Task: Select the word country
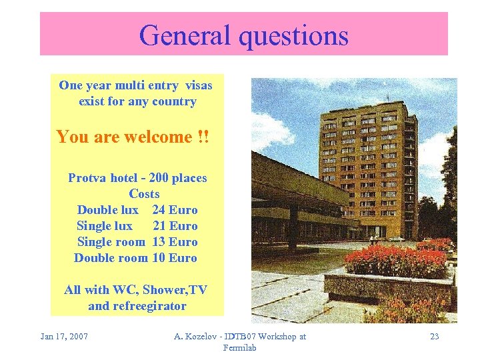coord(174,102)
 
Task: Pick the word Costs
coord(144,194)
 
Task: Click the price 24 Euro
coord(175,210)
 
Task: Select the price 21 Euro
coord(175,226)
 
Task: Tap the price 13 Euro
coord(175,242)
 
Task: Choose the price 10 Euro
coord(175,258)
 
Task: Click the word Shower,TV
coord(175,290)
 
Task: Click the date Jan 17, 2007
coord(64,336)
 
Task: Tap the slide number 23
coord(434,336)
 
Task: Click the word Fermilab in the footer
coord(240,347)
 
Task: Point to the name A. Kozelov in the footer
coord(199,336)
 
